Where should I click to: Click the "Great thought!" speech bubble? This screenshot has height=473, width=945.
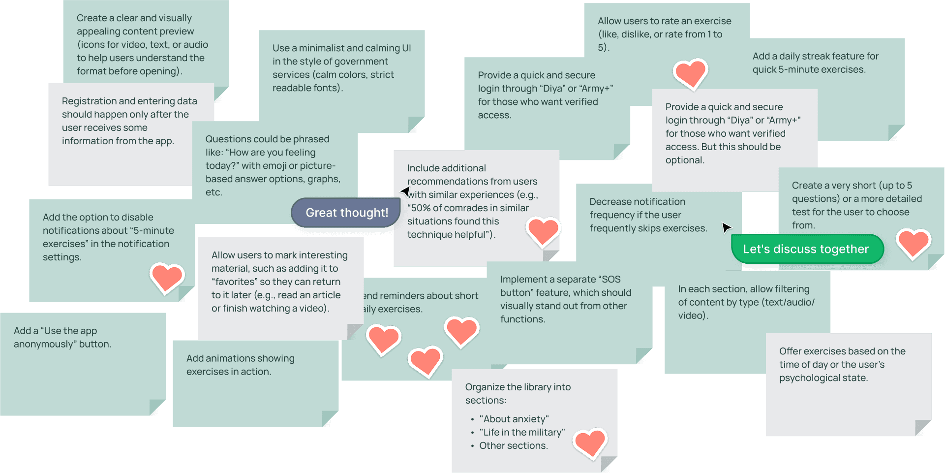point(346,213)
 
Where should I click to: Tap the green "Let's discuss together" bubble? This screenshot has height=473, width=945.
point(806,249)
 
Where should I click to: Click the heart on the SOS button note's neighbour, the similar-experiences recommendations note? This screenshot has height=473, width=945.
point(543,231)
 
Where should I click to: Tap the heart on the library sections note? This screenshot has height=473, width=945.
point(590,442)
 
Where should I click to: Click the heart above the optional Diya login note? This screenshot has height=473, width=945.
point(690,74)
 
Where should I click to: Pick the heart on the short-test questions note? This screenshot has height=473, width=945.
point(913,243)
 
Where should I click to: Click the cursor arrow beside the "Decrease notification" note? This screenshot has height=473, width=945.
point(726,227)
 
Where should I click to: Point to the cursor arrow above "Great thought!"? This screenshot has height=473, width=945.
point(406,190)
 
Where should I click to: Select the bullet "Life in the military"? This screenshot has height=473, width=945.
point(522,432)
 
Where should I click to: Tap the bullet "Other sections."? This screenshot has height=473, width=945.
point(513,445)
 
